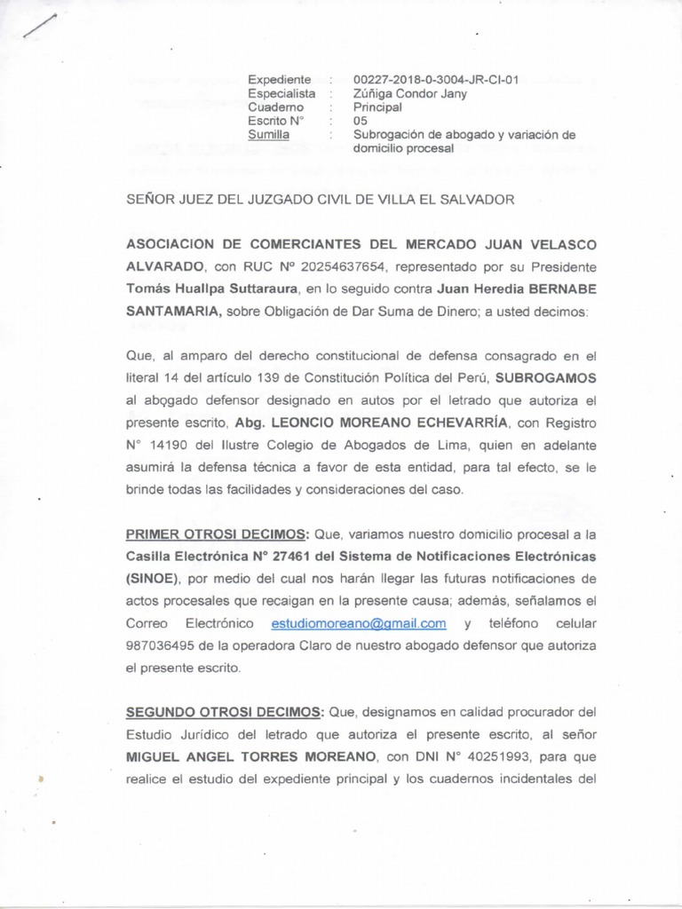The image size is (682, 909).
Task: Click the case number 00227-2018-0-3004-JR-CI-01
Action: tap(435, 79)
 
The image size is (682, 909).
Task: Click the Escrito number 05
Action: tap(360, 121)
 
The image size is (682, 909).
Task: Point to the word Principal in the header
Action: tap(377, 107)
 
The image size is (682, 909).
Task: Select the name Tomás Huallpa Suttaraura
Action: tap(196, 289)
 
